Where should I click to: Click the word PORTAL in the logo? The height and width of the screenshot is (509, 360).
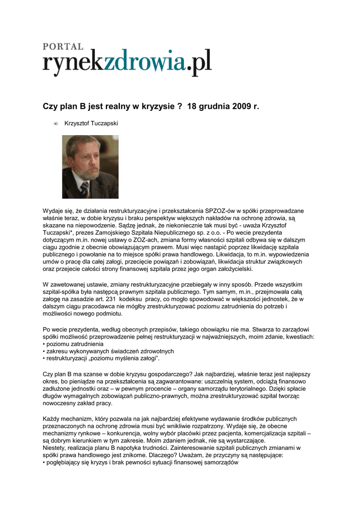click(x=63, y=46)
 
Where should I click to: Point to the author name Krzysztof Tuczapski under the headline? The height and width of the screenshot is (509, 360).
click(x=91, y=123)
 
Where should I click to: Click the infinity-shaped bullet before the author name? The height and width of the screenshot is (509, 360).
click(x=56, y=124)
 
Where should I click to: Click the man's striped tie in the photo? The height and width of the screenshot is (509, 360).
click(x=85, y=189)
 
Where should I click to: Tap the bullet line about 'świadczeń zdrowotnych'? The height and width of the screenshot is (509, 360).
click(x=109, y=351)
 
